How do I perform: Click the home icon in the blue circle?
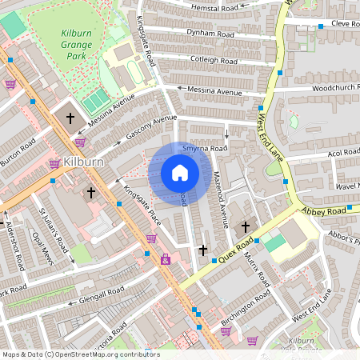[x=180, y=173]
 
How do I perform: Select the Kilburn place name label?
[x=83, y=162]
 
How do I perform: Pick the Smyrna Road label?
[x=205, y=148]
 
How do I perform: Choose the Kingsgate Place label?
[x=142, y=205]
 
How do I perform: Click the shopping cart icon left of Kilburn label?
[x=54, y=163]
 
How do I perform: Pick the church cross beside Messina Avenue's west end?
[x=70, y=118]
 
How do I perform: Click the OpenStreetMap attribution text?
[x=81, y=354]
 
